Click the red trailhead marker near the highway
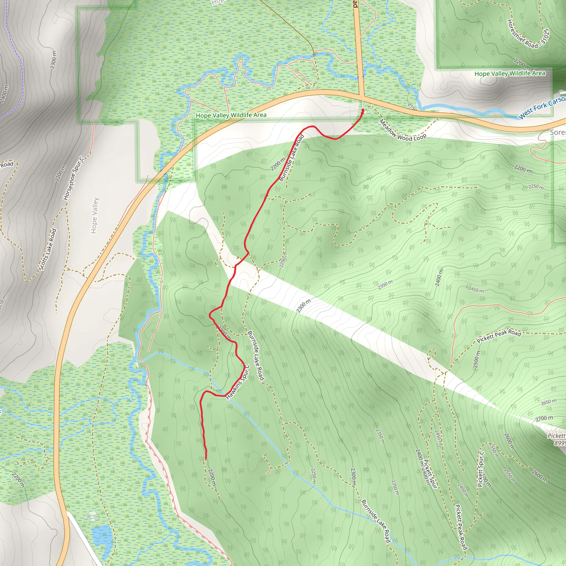coord(363,111)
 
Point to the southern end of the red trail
coord(206,459)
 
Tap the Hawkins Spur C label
coord(238,382)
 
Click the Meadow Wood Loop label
coord(402,130)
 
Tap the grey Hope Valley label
coord(94,215)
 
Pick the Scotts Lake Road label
coord(48,249)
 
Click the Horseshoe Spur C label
coord(74,179)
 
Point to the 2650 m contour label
coord(548,402)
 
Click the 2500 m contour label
coord(477,359)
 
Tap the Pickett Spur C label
coord(481,469)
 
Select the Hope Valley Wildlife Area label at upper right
coord(510,73)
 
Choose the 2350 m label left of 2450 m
coord(385,284)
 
